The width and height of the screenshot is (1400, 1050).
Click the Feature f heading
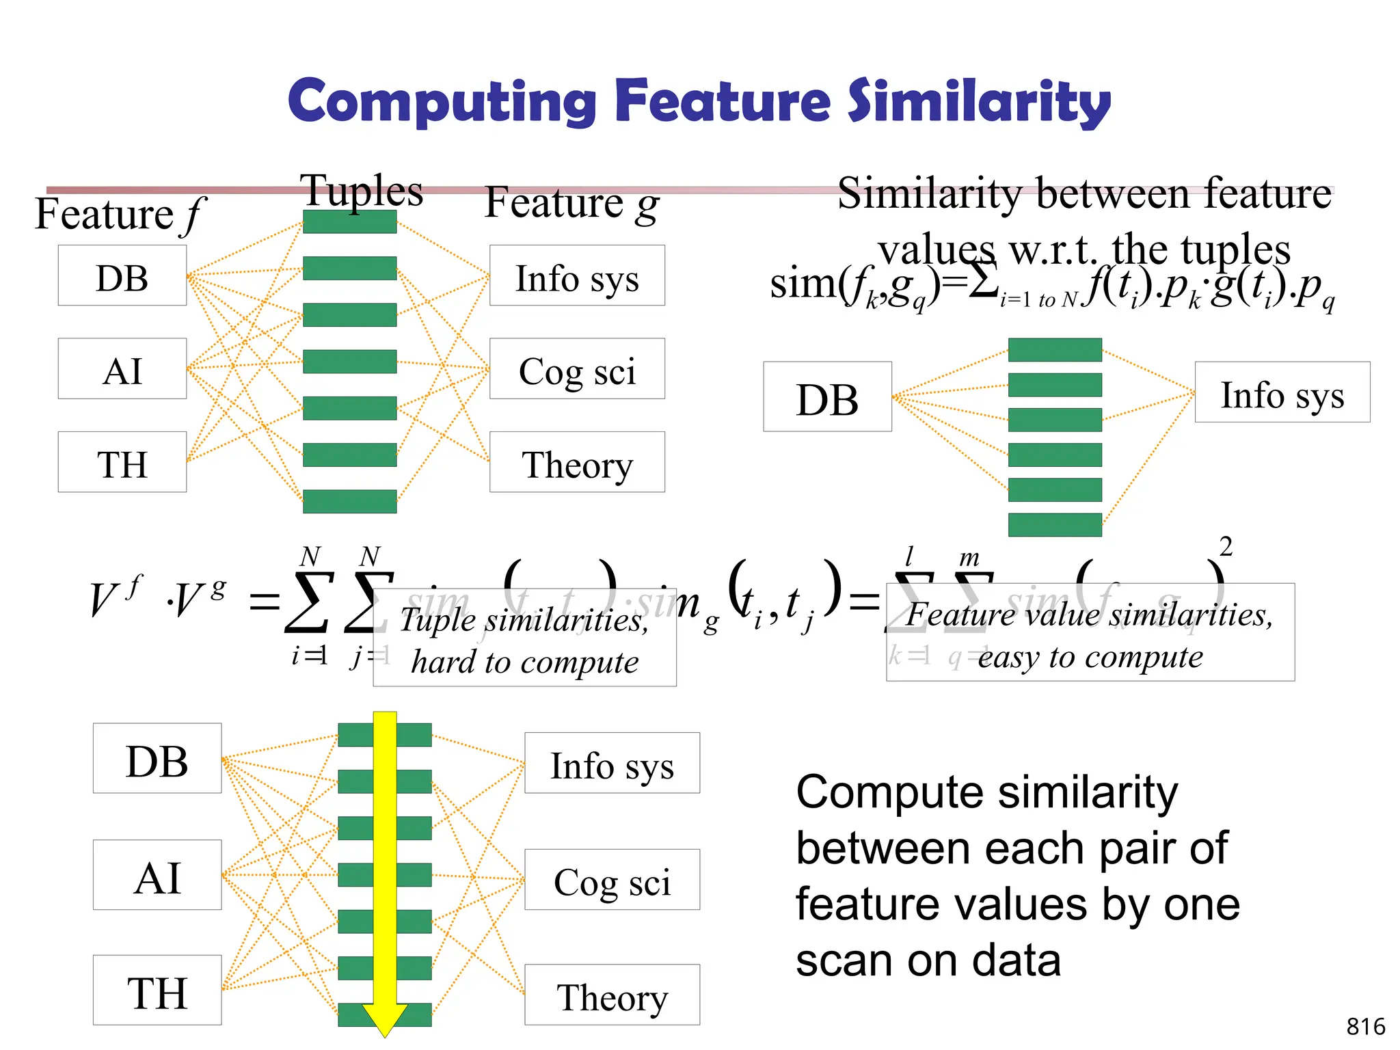point(119,215)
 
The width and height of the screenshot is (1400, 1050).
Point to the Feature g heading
point(571,204)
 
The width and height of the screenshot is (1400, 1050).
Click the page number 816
point(1365,1026)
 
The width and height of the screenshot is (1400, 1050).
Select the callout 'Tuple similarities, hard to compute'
point(524,638)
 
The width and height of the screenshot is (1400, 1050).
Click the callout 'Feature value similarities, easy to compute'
point(1090,633)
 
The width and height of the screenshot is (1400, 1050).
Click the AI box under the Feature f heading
point(122,369)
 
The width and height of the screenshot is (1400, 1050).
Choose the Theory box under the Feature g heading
point(577,463)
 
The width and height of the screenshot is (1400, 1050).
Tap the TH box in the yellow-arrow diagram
point(157,991)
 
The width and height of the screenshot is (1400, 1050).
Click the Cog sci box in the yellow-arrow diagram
point(612,880)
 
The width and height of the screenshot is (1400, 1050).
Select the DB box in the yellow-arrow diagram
point(157,759)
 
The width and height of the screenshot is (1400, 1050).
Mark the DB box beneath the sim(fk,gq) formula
point(827,397)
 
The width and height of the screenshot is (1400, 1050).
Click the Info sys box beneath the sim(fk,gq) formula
point(1282,393)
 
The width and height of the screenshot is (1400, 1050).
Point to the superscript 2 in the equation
point(1226,547)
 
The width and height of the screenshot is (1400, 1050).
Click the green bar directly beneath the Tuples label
point(349,221)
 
